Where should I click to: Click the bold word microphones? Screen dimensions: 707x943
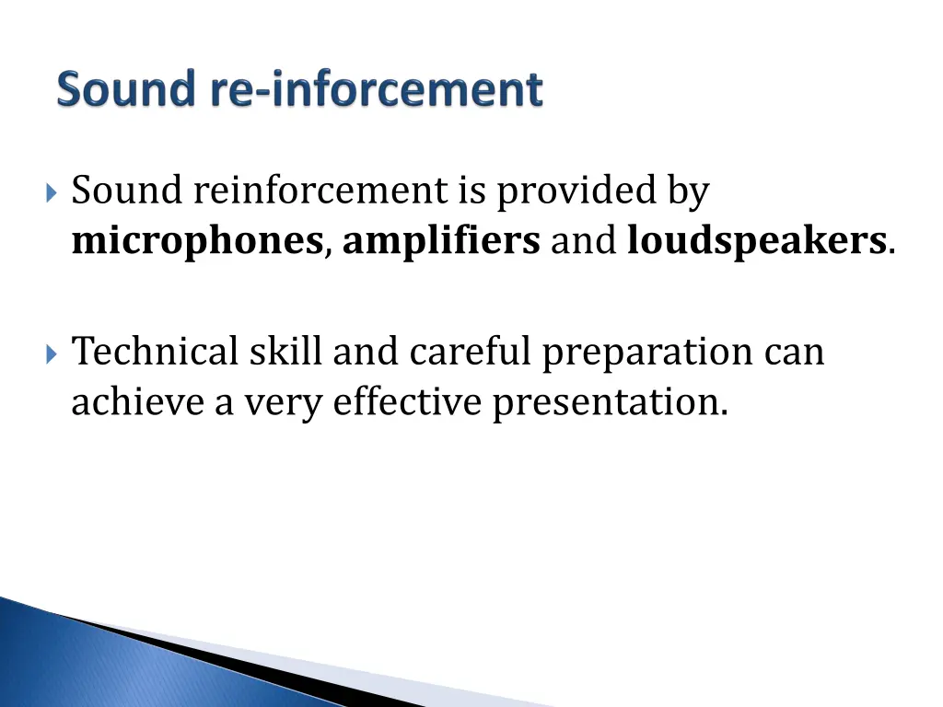197,241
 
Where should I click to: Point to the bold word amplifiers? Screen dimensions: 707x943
441,241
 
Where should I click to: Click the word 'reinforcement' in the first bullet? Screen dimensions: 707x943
320,191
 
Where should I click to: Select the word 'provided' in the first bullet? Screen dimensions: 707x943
576,191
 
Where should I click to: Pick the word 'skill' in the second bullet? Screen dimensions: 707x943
273,352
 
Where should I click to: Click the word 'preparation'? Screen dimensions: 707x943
647,353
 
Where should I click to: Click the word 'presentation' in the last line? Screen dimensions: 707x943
608,403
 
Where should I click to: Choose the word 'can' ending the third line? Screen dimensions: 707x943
793,353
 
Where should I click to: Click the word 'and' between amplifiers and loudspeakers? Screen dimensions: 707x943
584,241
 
